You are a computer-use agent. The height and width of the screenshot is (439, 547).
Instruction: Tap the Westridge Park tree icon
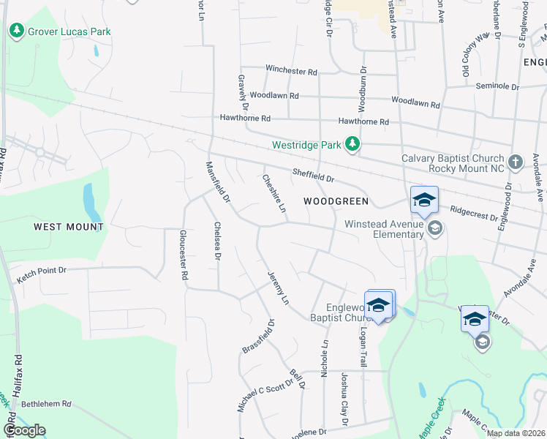click(x=353, y=144)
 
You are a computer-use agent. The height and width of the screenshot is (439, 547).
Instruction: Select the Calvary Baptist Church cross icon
click(x=516, y=162)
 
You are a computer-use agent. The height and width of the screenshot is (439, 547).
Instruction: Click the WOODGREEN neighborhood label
click(x=336, y=200)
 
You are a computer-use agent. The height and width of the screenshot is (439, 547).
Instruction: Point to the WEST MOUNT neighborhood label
click(x=69, y=227)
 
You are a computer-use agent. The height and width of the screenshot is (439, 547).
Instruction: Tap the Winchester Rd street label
click(x=291, y=71)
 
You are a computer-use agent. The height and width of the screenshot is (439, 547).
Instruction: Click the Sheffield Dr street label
click(x=313, y=176)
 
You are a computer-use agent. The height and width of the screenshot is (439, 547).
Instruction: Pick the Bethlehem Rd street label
click(x=46, y=403)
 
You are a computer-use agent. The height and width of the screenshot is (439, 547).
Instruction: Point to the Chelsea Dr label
click(x=217, y=241)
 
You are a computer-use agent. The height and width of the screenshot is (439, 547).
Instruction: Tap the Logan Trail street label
click(x=362, y=347)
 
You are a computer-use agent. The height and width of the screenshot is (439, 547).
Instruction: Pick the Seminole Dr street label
click(x=497, y=86)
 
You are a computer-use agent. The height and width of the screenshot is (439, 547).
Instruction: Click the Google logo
click(x=24, y=430)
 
